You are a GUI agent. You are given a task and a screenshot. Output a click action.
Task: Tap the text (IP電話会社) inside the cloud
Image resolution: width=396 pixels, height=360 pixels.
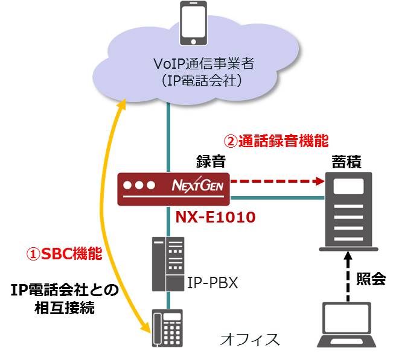[198, 82]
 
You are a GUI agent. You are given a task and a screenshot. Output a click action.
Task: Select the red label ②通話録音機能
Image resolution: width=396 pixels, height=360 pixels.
[276, 141]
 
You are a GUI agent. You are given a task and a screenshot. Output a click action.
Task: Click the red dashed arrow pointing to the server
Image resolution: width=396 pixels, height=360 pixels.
[275, 180]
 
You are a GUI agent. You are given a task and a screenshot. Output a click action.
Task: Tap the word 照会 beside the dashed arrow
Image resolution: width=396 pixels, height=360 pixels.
[373, 279]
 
